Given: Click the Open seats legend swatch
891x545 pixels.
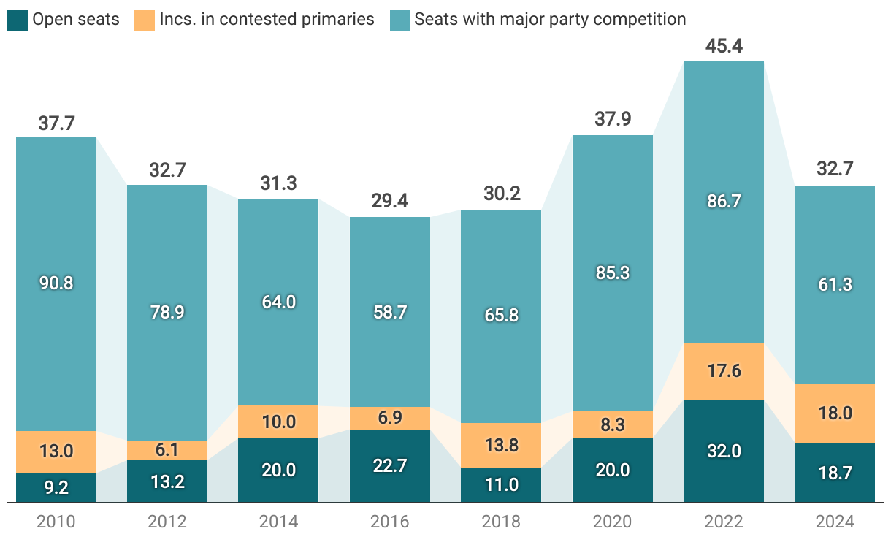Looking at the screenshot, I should [x=18, y=20].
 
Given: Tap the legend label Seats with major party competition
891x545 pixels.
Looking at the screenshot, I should [x=550, y=20].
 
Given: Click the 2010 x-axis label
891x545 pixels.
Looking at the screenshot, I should [x=56, y=522].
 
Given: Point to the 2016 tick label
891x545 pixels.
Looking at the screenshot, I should [x=390, y=522].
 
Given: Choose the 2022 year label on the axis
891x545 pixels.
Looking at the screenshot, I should [x=724, y=522].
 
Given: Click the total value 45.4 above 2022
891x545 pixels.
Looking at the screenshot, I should [x=724, y=47].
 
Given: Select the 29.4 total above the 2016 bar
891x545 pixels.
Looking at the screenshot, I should [x=390, y=202].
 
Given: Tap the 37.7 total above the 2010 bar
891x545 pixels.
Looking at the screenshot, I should [x=56, y=123].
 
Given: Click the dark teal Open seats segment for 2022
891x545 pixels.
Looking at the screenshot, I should [x=724, y=451].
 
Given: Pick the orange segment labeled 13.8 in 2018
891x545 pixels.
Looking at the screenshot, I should [x=501, y=445].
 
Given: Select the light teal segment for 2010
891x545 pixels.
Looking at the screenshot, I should [x=56, y=283].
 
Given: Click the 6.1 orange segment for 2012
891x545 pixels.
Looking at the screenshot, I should [x=167, y=450].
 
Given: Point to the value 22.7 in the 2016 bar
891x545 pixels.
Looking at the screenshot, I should [x=390, y=465].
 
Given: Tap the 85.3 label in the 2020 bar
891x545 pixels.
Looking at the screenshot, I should [x=612, y=272].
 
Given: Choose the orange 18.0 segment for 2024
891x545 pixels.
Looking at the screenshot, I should [x=835, y=413].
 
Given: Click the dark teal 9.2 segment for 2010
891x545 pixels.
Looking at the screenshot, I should [x=56, y=487].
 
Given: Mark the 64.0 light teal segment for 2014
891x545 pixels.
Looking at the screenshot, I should [x=278, y=302].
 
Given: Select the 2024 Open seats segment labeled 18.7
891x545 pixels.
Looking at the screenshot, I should [x=835, y=472].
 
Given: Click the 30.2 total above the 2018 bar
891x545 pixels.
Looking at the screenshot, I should [x=501, y=195].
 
